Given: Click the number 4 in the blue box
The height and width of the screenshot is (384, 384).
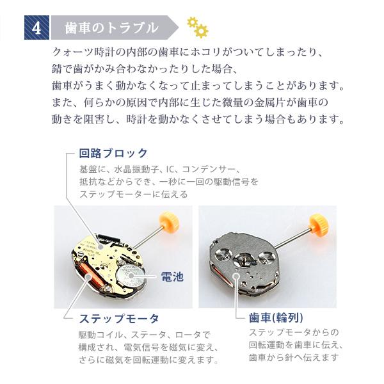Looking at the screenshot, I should (36, 28).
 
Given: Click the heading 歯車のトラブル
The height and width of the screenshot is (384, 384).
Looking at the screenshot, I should (112, 28).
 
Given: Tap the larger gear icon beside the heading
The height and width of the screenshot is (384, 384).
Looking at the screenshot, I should (201, 30).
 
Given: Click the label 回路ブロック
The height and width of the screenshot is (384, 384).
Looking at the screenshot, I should (113, 154).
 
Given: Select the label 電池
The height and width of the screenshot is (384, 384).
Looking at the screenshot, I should (171, 277).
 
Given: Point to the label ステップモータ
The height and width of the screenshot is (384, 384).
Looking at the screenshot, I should (118, 318).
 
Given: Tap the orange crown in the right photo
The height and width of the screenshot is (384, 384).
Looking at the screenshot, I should (317, 223).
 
